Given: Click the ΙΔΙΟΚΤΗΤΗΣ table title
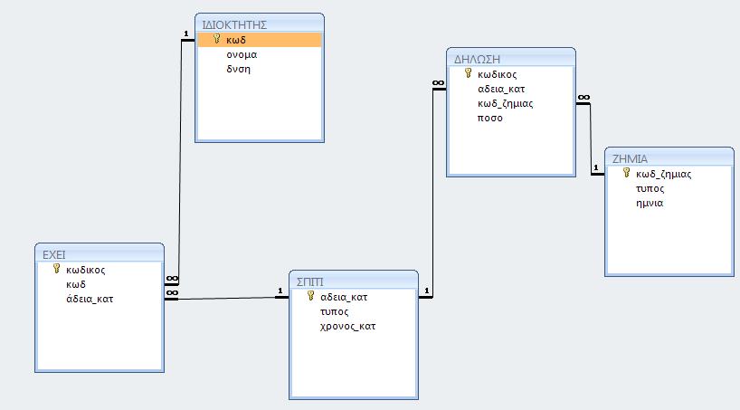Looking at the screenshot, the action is click(x=234, y=25).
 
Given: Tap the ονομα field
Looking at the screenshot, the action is click(x=242, y=55).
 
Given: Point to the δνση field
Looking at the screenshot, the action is click(x=238, y=69).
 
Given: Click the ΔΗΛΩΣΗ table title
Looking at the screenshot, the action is click(x=477, y=60).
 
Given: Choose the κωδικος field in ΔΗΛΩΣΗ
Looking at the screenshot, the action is click(x=497, y=74).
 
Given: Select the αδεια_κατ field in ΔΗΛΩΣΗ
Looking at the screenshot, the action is click(x=501, y=90).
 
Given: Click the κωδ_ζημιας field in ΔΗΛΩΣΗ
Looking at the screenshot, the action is click(x=505, y=104).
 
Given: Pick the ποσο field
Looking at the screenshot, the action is click(x=490, y=118).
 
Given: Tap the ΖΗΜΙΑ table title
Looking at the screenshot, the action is click(x=630, y=159).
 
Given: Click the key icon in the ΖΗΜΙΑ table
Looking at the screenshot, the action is click(x=626, y=173).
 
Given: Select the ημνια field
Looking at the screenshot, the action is click(x=650, y=203).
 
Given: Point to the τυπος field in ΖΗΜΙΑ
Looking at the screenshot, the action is click(x=650, y=189).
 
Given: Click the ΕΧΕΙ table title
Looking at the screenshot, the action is click(x=53, y=255).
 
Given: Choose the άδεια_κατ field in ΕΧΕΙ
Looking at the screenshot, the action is click(x=90, y=299).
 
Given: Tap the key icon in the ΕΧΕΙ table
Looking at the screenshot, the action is click(x=57, y=269).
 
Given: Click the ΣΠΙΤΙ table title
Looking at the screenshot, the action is click(x=310, y=282).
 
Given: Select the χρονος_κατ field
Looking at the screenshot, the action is click(x=347, y=327).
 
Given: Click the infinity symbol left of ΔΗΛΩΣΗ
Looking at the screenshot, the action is click(x=439, y=83).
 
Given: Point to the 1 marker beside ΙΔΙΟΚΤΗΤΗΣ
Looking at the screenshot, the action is click(x=186, y=34).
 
